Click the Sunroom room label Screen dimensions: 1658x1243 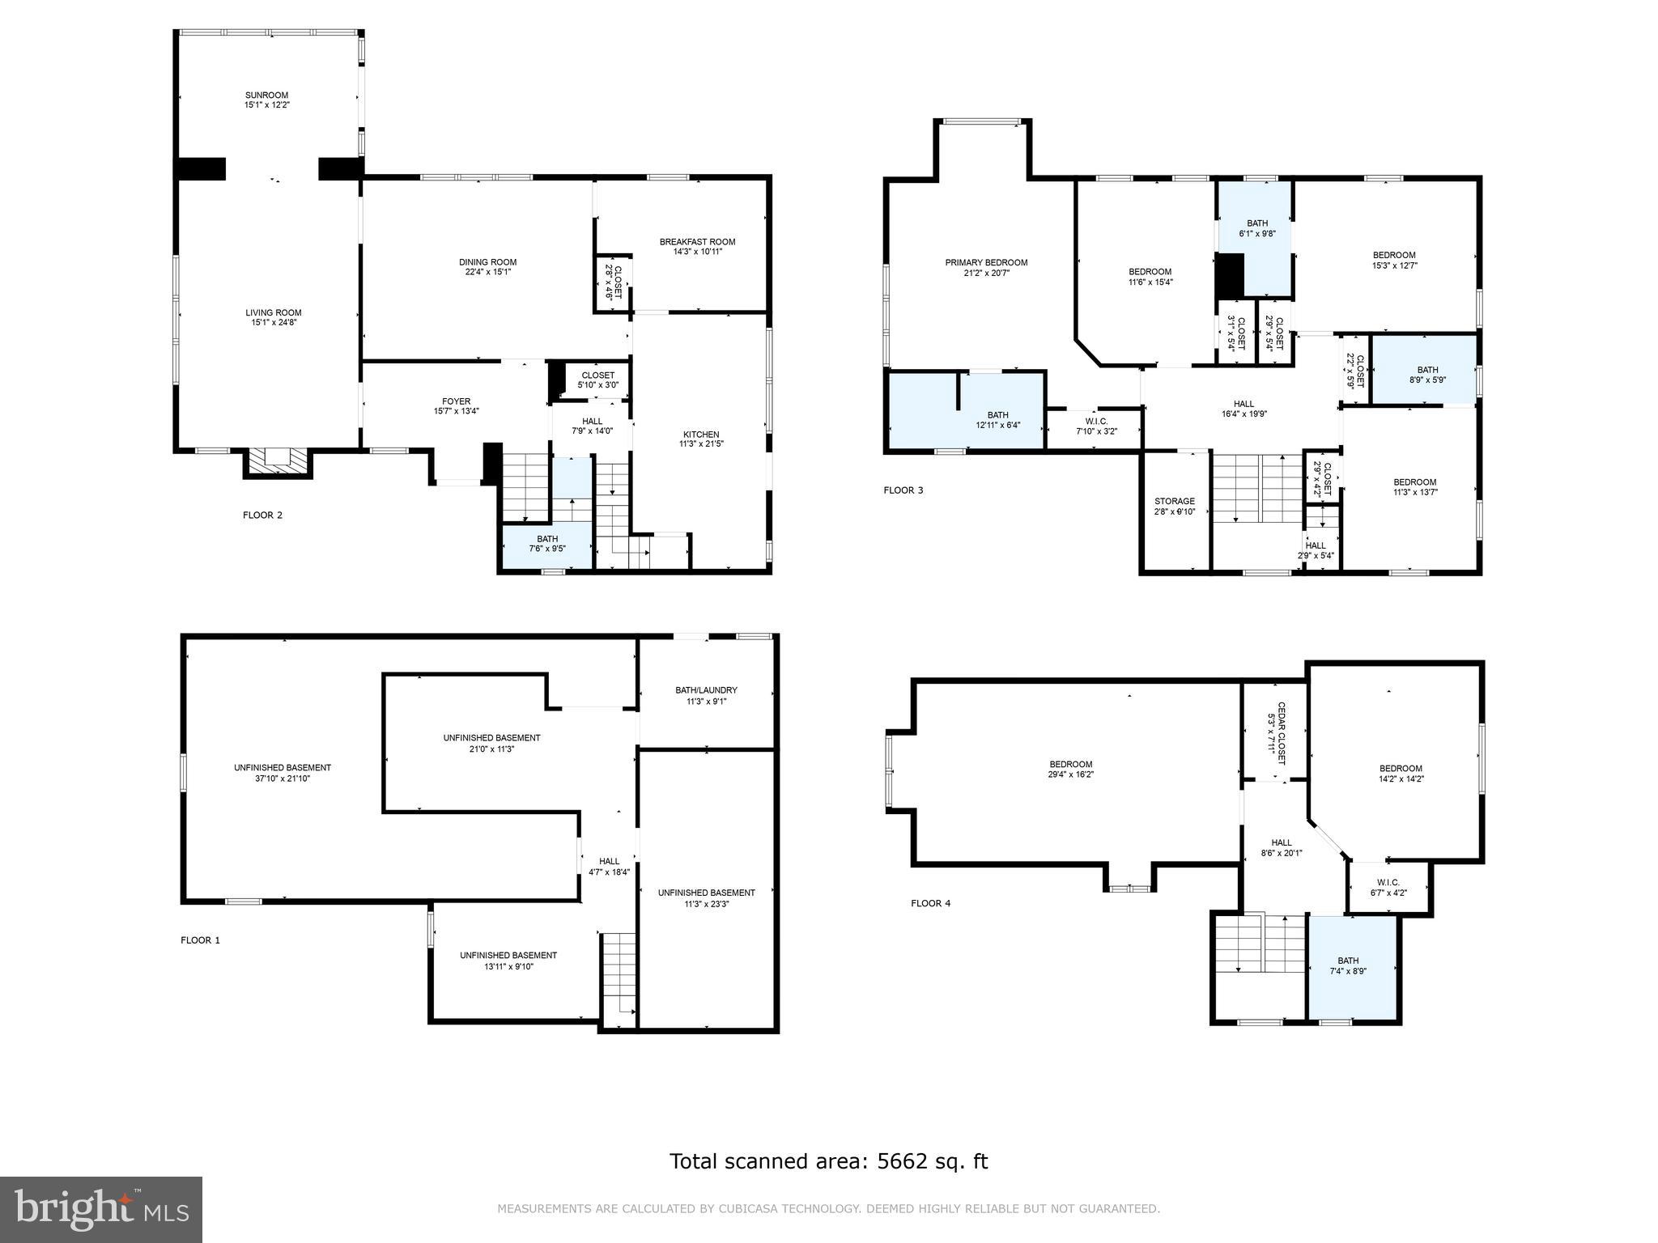(x=267, y=95)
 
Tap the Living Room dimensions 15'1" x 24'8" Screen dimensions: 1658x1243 (x=274, y=323)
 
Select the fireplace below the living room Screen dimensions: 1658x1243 (x=278, y=462)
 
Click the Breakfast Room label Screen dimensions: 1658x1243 (x=697, y=242)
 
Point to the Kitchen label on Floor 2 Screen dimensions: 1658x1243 (x=700, y=435)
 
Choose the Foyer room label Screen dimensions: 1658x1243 (x=456, y=401)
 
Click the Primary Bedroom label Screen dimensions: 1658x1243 (x=986, y=262)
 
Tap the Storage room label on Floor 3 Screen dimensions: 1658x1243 (x=1175, y=502)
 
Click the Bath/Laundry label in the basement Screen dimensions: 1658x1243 (x=706, y=690)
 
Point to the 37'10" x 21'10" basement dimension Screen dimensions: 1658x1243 (x=283, y=778)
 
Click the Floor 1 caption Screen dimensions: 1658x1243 (x=200, y=940)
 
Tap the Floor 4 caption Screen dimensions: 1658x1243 (x=930, y=903)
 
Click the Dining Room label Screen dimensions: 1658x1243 (x=487, y=262)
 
